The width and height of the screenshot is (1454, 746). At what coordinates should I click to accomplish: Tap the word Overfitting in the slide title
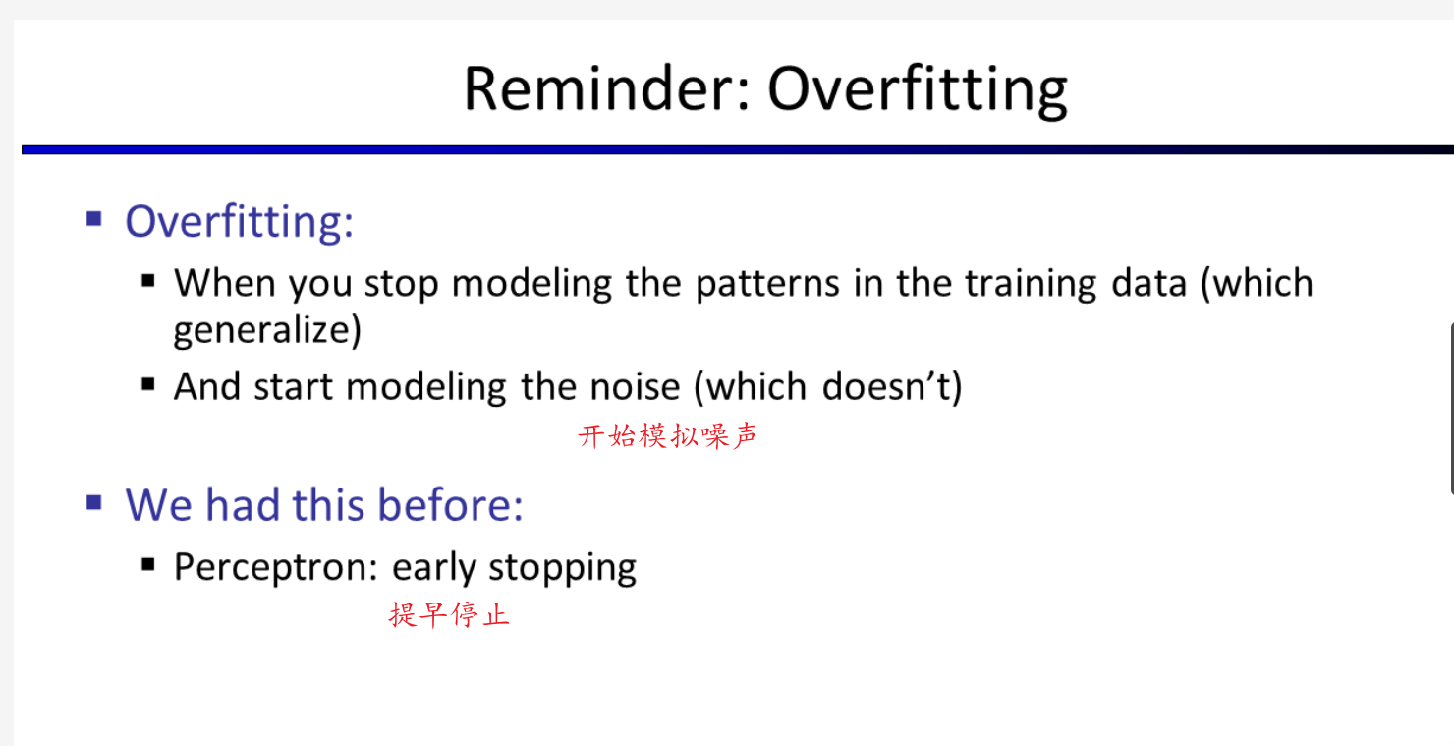pos(918,91)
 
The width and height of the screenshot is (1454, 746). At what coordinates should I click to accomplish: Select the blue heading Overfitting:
pos(239,223)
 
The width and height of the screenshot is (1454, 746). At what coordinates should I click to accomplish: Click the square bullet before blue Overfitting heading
pos(94,219)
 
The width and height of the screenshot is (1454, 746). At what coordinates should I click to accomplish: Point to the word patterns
pos(767,284)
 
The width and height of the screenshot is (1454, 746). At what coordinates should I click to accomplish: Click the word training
pos(1031,284)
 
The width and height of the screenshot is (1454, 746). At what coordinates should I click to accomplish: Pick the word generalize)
pos(267,331)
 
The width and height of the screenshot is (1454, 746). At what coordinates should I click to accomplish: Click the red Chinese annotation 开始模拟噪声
pos(667,435)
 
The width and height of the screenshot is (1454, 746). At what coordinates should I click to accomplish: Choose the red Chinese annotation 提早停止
pos(449,614)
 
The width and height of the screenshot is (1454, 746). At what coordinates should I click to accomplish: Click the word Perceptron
pos(276,568)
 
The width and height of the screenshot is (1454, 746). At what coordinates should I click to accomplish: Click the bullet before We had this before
pos(94,502)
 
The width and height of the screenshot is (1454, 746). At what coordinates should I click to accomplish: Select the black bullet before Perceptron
pos(148,565)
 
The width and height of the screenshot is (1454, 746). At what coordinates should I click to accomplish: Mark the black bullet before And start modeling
pos(148,385)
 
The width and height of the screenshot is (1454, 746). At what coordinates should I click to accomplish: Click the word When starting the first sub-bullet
pos(225,283)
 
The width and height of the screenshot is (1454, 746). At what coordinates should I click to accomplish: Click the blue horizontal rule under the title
pos(738,150)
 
